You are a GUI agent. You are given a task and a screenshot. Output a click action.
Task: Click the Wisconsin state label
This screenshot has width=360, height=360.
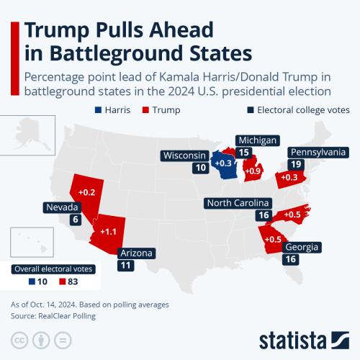pos(186,156)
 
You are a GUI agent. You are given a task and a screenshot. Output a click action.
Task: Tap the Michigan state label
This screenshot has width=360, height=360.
pos(257,140)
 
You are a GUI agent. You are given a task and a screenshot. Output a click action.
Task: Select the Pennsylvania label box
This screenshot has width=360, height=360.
pos(318,153)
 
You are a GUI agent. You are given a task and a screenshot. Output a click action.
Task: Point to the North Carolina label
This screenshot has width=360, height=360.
pos(238,203)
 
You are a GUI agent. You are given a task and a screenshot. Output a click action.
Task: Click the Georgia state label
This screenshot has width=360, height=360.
pos(302,247)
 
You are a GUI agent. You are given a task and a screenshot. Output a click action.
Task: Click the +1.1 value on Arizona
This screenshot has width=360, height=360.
pos(109,231)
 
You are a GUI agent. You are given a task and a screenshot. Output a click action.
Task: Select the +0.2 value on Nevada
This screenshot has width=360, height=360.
pos(86,192)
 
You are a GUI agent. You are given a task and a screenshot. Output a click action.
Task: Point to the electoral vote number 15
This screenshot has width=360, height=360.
pos(244,153)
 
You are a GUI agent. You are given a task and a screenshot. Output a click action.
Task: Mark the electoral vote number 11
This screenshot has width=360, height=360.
pos(126,266)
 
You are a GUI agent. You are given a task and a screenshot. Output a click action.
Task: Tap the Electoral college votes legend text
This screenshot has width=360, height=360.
pos(302,110)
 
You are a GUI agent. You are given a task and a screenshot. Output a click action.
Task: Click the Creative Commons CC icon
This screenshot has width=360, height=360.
pos(20,341)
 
